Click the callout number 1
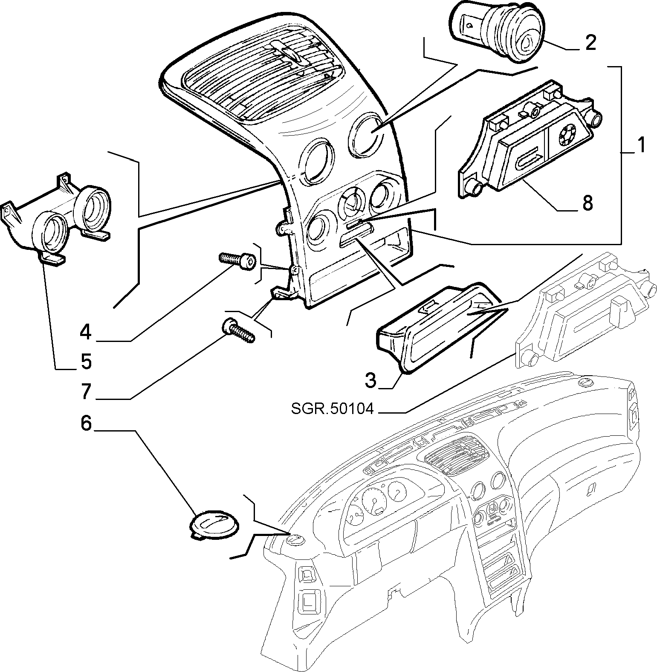(639, 145)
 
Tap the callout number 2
(590, 43)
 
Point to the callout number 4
(86, 332)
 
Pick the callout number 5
(86, 362)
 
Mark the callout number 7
(86, 391)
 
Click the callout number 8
(587, 203)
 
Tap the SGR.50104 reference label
(332, 409)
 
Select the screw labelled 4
(237, 259)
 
